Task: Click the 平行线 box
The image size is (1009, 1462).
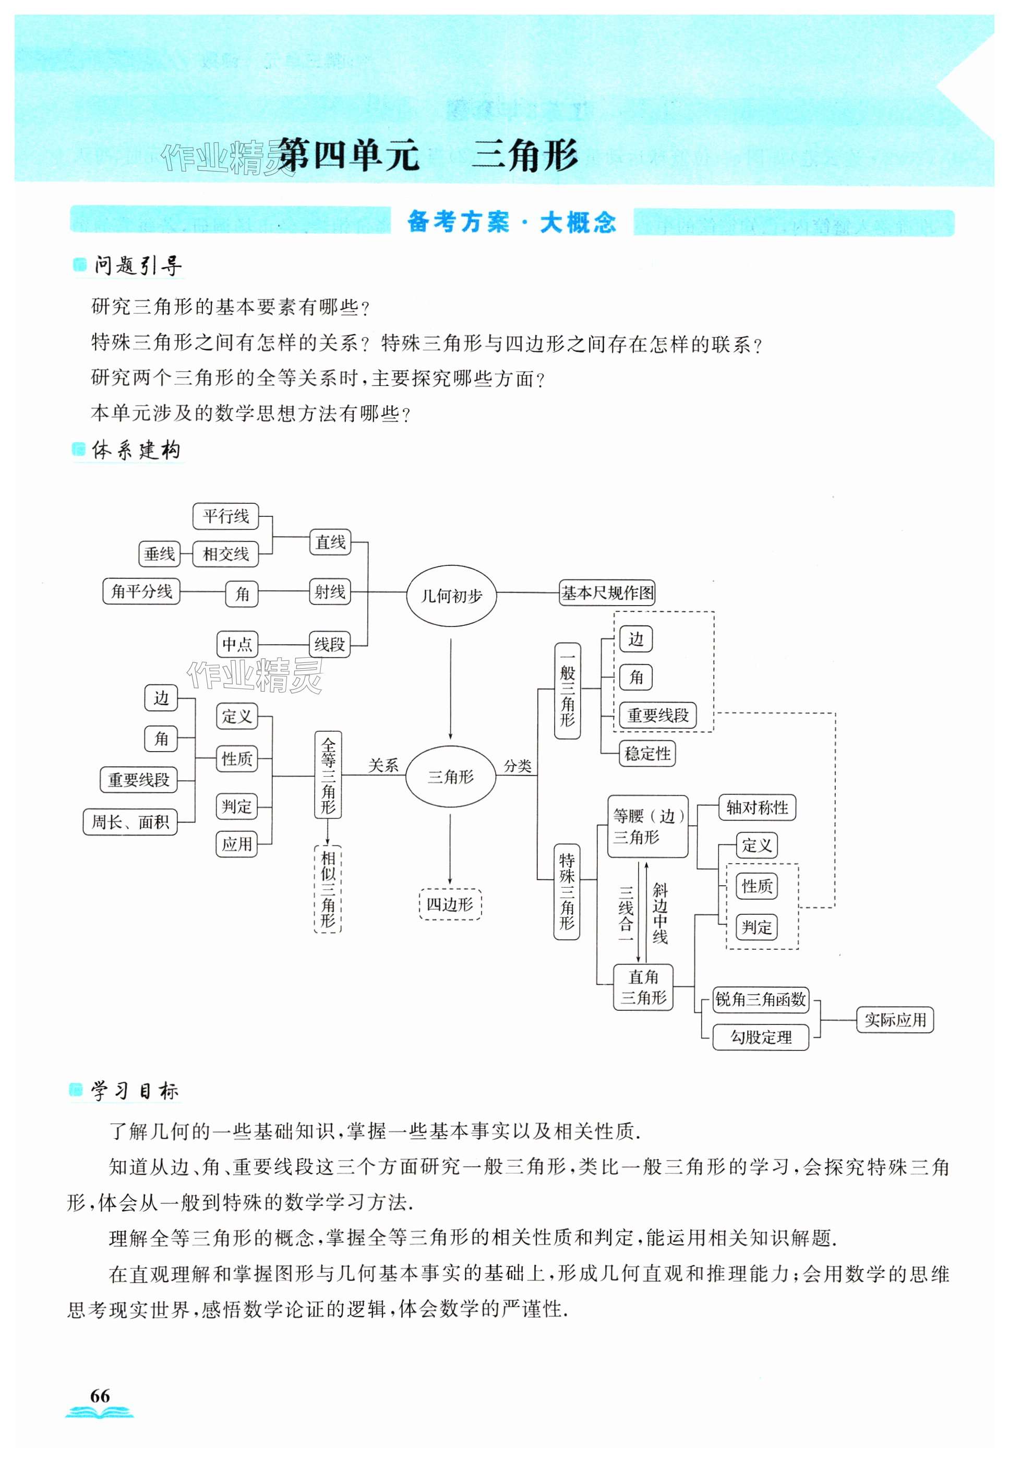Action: coord(226,516)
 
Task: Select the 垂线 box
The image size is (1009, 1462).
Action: coord(159,554)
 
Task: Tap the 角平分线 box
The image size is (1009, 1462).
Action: coord(141,591)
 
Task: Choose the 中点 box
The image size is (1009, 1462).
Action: coord(237,644)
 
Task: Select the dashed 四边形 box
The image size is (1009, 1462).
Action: coord(450,904)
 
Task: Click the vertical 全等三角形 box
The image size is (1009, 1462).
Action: coord(328,775)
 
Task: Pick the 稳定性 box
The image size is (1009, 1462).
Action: coord(647,754)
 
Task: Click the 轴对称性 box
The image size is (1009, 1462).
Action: coord(756,808)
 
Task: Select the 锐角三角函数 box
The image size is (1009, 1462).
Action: coord(761,999)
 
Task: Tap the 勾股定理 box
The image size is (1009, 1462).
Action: coord(761,1037)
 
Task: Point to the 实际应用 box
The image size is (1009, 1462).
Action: coord(895,1020)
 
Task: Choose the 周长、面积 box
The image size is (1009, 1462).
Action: coord(130,823)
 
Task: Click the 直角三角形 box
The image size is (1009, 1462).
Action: coord(644,987)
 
